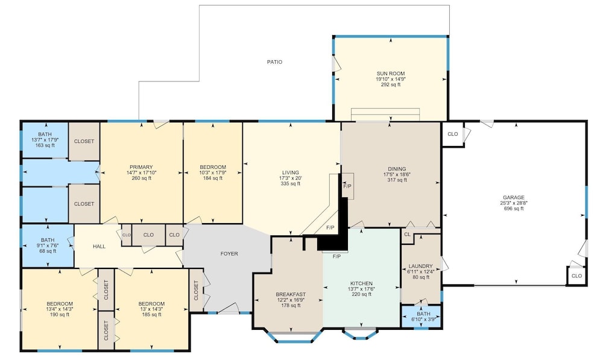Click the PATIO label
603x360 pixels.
pos(274,62)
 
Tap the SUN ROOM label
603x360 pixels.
pos(390,74)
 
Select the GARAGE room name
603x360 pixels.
pos(513,198)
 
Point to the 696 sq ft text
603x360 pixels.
pos(514,209)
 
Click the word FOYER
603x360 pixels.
pos(229,254)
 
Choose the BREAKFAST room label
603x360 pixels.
pos(291,295)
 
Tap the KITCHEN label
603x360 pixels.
pos(361,283)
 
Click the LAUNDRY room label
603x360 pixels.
pos(420,266)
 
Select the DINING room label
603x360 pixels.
pos(397,169)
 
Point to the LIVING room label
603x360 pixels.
pos(291,172)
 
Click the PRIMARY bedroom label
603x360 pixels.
pos(141,167)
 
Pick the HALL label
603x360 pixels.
pos(99,247)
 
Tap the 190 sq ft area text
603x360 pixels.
pos(60,315)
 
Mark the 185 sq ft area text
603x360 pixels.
pos(151,315)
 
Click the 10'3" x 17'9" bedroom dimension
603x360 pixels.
pos(213,172)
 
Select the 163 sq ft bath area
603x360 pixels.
pos(45,145)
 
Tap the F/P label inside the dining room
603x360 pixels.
pos(347,186)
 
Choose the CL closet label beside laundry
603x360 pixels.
pos(408,234)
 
